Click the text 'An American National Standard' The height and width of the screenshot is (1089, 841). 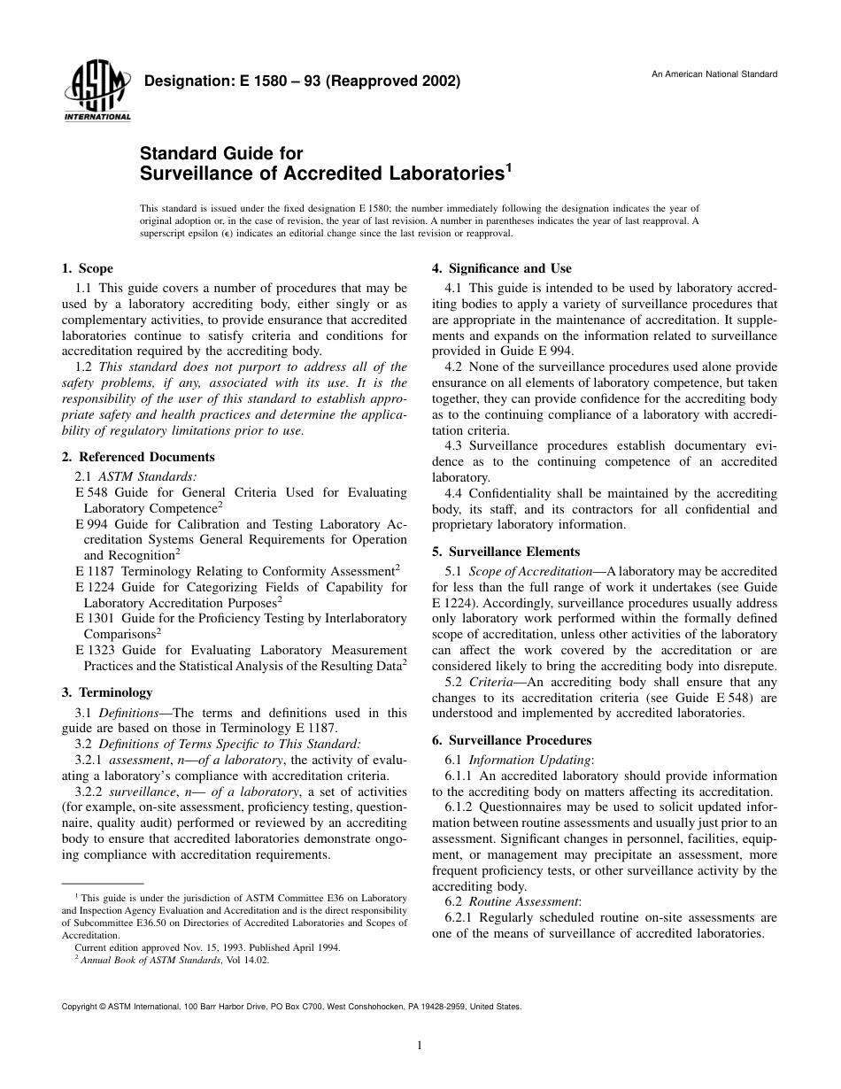pos(714,73)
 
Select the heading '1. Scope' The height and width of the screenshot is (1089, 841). pos(87,268)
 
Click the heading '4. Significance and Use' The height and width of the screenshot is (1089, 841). pos(501,268)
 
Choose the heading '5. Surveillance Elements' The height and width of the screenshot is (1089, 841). pos(505,552)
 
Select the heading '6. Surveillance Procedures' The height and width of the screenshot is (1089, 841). pos(511,740)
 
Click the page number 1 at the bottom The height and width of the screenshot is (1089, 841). pos(420,1046)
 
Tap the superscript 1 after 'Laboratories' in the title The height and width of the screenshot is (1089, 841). pos(508,166)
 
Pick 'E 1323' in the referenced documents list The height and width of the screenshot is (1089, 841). pos(94,650)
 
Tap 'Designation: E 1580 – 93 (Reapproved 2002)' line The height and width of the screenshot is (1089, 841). pos(301,82)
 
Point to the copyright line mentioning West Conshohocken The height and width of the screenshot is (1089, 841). pos(291,1007)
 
